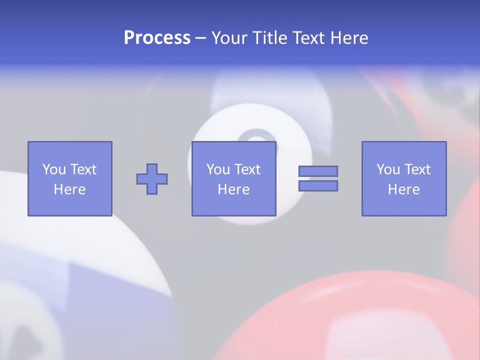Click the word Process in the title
click(x=157, y=38)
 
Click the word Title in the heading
click(x=269, y=38)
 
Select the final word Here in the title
click(x=349, y=38)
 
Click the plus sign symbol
click(x=152, y=179)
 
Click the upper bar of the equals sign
click(x=318, y=171)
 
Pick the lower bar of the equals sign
click(x=318, y=186)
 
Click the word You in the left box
click(x=53, y=169)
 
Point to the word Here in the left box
click(x=69, y=189)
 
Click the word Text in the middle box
click(x=248, y=169)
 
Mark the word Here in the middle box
click(x=233, y=189)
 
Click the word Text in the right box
click(x=418, y=169)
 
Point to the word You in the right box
click(x=388, y=169)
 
